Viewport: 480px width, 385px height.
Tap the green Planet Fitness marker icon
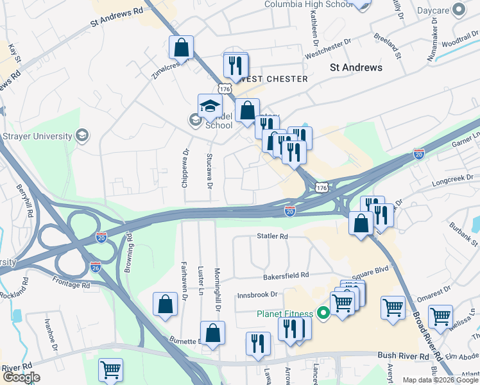click(324, 313)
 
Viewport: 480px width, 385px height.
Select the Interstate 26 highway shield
click(96, 266)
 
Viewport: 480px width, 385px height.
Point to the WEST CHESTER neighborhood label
click(273, 79)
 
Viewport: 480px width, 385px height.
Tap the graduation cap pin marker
click(209, 107)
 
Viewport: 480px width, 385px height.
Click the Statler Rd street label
click(273, 236)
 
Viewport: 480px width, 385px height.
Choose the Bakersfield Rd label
click(286, 275)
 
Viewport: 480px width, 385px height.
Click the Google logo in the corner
click(21, 377)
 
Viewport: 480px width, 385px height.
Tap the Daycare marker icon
click(459, 10)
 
